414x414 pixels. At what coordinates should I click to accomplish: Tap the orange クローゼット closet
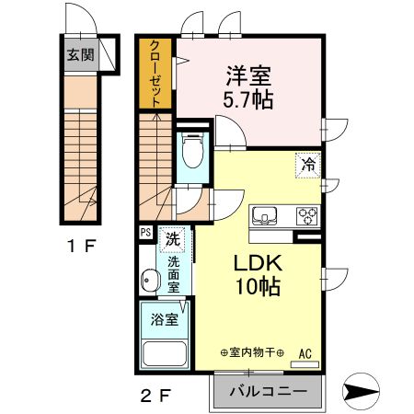tap(156, 75)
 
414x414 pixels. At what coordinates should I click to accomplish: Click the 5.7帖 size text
tap(247, 98)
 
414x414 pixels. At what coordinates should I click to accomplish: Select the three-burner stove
tap(305, 217)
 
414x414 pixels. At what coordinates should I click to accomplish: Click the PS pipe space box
tap(145, 233)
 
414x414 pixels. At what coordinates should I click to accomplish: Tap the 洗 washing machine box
tap(172, 241)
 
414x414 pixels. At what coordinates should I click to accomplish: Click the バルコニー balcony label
tap(267, 391)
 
